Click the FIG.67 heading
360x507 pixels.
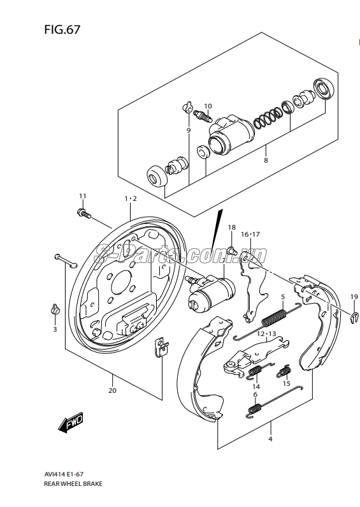click(x=62, y=30)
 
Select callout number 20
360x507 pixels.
click(x=112, y=390)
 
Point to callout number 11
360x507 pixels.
click(x=83, y=196)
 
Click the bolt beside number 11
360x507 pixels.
click(x=84, y=214)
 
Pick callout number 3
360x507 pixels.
click(x=55, y=329)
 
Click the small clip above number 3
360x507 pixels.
click(x=55, y=309)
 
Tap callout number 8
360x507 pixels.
click(x=266, y=160)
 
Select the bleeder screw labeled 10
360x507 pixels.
click(x=202, y=117)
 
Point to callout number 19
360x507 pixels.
click(x=354, y=297)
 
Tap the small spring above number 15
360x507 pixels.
click(x=284, y=371)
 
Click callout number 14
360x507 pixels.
click(x=256, y=386)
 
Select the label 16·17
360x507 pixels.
click(x=250, y=234)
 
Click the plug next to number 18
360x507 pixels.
click(x=232, y=250)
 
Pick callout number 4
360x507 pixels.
click(x=270, y=439)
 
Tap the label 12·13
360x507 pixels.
click(x=266, y=334)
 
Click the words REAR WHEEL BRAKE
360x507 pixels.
click(x=73, y=483)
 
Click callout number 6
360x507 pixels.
click(x=256, y=395)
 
